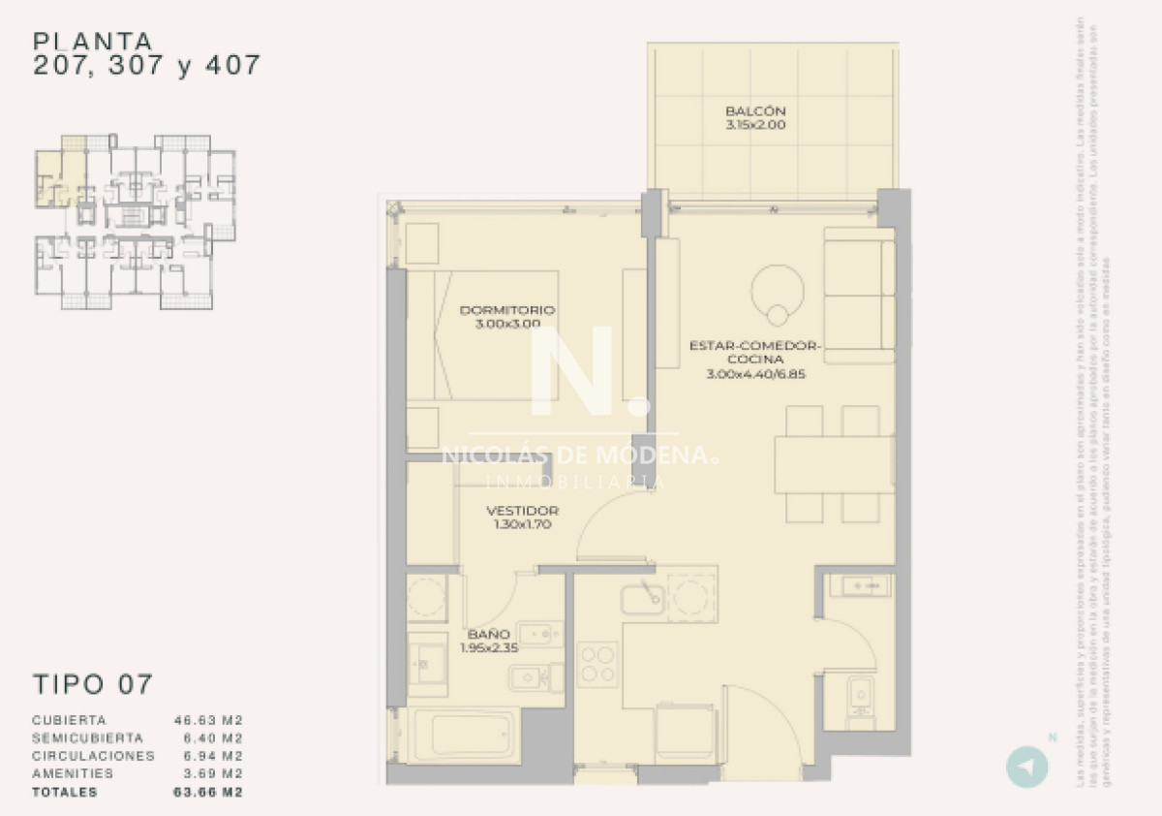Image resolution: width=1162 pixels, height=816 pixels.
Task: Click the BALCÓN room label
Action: pyautogui.click(x=754, y=110)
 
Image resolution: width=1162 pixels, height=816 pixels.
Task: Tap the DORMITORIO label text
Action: pyautogui.click(x=507, y=310)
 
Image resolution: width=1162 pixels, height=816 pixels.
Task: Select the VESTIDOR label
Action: pyautogui.click(x=522, y=511)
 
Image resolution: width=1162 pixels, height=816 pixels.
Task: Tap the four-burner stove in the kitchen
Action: pyautogui.click(x=598, y=665)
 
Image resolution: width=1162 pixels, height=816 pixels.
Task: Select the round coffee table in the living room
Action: pyautogui.click(x=777, y=289)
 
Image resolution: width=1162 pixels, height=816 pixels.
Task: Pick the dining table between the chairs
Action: pyautogui.click(x=833, y=464)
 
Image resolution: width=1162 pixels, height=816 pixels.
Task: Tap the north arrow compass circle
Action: pyautogui.click(x=1026, y=767)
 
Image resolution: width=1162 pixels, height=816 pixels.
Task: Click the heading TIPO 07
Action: pyautogui.click(x=93, y=683)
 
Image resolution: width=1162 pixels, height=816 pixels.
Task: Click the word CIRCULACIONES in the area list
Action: pyautogui.click(x=93, y=756)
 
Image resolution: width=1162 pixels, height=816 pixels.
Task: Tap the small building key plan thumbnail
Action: pyautogui.click(x=136, y=222)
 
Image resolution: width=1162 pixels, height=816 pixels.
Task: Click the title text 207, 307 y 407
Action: pyautogui.click(x=147, y=66)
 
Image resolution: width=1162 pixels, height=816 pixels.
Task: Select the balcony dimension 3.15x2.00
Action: pyautogui.click(x=754, y=125)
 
